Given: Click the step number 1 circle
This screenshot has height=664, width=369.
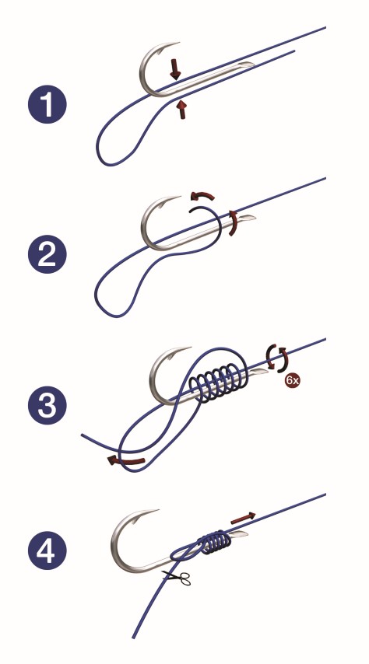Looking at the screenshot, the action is tap(47, 103).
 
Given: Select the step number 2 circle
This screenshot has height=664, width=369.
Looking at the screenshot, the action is tap(47, 254).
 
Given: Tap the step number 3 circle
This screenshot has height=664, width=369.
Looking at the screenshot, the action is tap(47, 405).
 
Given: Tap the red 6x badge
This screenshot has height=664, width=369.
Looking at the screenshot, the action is tap(292, 380).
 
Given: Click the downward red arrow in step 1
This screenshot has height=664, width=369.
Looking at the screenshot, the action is tap(174, 69).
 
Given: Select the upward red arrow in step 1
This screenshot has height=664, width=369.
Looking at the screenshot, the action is tap(182, 110).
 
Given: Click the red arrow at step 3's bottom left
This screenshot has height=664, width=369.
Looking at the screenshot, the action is tap(126, 460).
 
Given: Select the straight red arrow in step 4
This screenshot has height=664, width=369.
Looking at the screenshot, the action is tap(243, 518).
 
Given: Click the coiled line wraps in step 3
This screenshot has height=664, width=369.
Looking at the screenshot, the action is tap(218, 383).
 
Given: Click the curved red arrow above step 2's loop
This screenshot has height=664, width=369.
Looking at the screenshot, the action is tap(202, 195).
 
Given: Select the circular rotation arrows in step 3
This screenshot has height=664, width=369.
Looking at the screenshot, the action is tap(277, 358).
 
